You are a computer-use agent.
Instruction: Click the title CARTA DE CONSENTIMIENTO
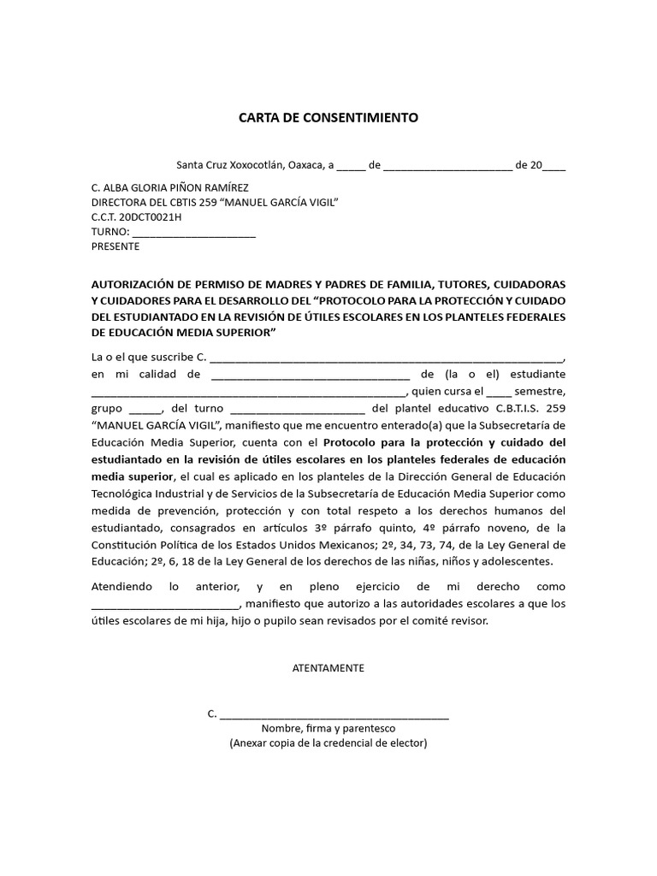328,118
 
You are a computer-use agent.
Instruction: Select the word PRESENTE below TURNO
115,246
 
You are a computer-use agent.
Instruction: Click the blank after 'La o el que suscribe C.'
387,358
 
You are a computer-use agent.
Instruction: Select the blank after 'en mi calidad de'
310,375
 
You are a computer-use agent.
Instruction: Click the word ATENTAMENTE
328,668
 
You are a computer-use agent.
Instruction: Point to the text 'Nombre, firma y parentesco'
328,729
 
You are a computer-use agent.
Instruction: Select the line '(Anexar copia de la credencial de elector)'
328,744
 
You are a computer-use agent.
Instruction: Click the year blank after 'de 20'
554,166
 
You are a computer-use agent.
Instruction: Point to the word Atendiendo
121,587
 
